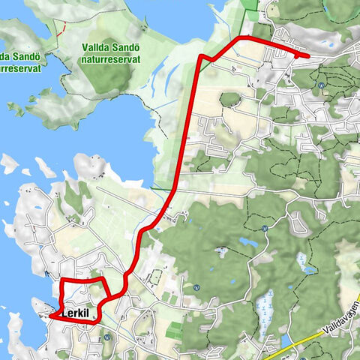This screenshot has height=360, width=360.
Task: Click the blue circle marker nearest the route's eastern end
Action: (x=320, y=85)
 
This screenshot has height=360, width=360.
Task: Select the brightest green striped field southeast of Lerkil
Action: (x=174, y=331)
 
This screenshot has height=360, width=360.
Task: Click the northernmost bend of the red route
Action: (x=241, y=37)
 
